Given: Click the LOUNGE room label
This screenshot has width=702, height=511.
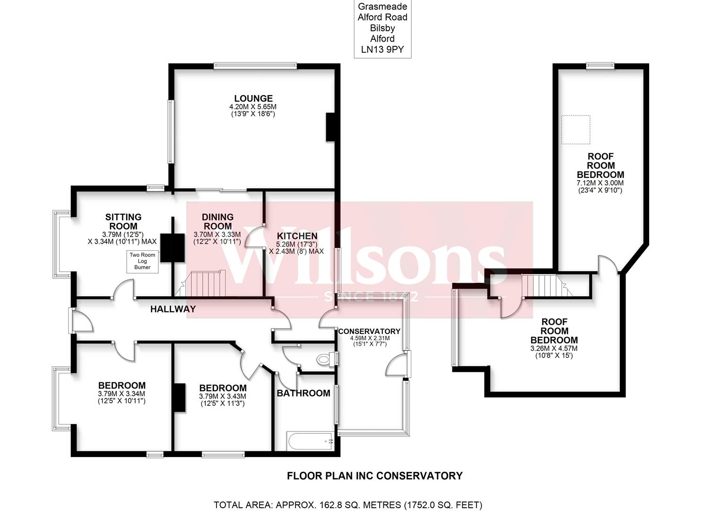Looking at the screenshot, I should (255, 99).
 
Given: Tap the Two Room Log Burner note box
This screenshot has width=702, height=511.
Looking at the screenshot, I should (142, 261).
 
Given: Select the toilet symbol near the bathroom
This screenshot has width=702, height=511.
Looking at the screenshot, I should (324, 360).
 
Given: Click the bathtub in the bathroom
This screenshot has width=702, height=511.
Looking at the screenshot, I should (310, 441).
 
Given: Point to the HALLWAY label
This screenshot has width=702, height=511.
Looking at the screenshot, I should (173, 309).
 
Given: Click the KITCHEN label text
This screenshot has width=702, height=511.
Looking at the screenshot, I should (297, 236).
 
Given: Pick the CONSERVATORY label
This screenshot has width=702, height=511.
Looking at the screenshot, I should (369, 331).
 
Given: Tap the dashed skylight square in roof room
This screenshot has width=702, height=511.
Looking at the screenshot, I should (575, 129).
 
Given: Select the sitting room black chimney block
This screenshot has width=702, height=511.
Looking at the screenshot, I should (172, 248).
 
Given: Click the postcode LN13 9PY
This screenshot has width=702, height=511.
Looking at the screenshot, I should (382, 50).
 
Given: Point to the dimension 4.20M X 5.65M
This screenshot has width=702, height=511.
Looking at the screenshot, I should (255, 107).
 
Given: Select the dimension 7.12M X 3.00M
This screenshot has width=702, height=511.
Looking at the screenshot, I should (600, 183).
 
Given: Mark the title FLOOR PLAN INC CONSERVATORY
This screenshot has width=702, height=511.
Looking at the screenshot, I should (374, 476).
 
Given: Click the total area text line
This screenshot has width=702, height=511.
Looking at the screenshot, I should (347, 505).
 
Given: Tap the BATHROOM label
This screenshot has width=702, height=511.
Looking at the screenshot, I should (303, 393).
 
